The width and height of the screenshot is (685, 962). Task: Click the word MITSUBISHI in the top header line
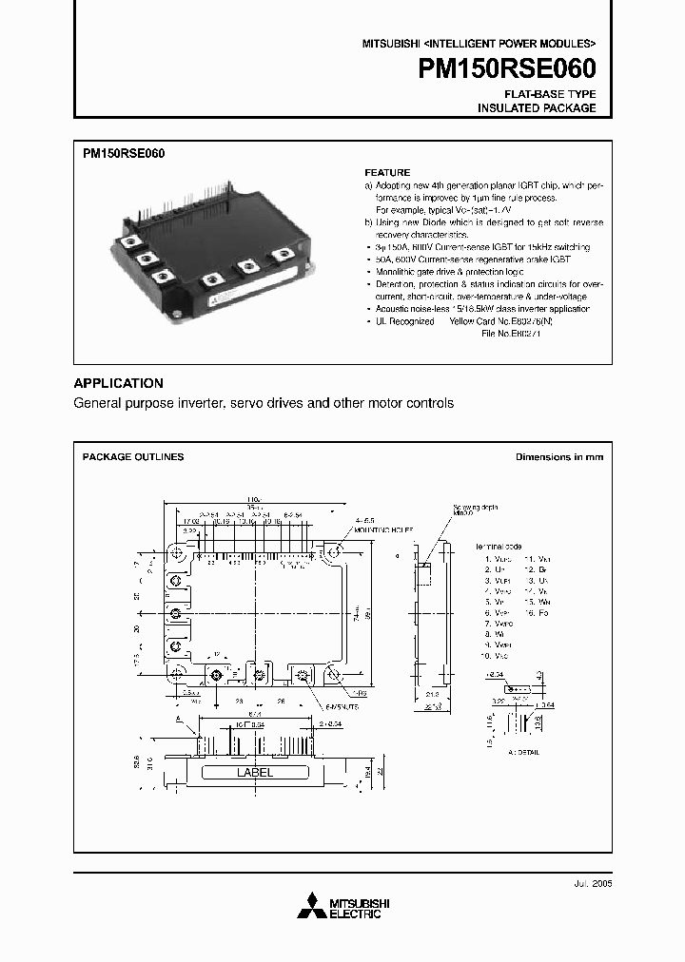(x=390, y=44)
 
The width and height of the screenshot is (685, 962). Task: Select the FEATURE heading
(x=387, y=173)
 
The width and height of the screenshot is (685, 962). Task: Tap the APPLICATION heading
(x=118, y=383)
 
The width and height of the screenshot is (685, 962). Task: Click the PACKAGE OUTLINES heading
(x=133, y=457)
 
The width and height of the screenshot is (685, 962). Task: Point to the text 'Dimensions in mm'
(x=558, y=457)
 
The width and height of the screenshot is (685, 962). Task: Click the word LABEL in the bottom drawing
(x=254, y=773)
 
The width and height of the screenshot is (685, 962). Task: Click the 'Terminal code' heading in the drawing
(x=501, y=548)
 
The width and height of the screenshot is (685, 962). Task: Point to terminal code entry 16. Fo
(x=535, y=614)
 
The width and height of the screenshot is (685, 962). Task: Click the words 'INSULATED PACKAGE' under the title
(x=536, y=108)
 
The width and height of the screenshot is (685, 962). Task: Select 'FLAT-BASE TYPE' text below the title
(x=550, y=95)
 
